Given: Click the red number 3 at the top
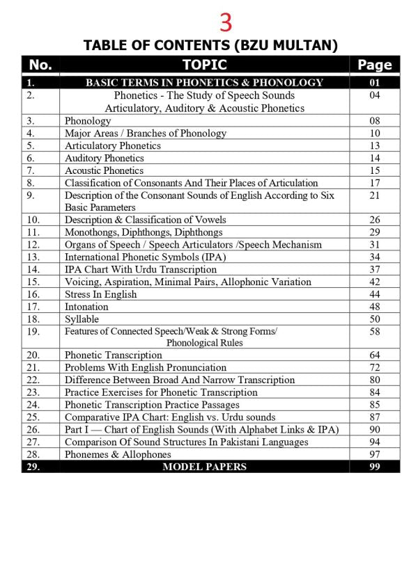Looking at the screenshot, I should (226, 22).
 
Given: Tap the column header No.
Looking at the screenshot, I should (40, 65).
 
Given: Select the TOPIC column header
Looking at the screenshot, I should (204, 65).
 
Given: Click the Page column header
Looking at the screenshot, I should (375, 65).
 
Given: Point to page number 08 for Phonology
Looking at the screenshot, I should (375, 121).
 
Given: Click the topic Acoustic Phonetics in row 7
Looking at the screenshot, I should (104, 170).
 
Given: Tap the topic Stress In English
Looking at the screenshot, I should (100, 294).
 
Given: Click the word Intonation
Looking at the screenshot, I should (86, 307).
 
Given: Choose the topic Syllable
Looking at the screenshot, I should (82, 319).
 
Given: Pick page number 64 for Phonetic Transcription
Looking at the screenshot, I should (375, 355).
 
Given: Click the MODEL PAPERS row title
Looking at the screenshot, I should (204, 467).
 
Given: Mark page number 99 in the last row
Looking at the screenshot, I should (375, 467).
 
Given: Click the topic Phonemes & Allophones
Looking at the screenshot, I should (118, 454).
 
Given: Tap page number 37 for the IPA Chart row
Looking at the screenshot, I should (375, 269).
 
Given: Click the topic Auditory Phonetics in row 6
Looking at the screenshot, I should (104, 158).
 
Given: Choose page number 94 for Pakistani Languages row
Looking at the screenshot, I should (375, 442).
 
